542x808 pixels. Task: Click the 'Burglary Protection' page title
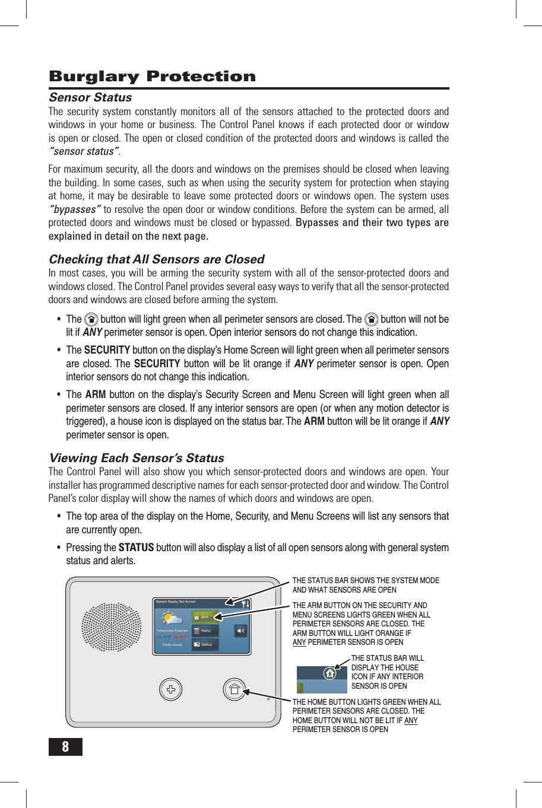(152, 77)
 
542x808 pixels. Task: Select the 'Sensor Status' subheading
(90, 97)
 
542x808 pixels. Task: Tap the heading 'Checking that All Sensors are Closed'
(156, 259)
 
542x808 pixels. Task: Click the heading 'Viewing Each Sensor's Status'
(137, 458)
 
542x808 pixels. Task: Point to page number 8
(65, 746)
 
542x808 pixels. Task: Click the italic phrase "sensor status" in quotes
(84, 151)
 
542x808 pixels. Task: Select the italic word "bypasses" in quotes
(75, 209)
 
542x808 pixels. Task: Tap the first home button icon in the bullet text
(91, 319)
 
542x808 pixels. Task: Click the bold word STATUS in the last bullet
(136, 548)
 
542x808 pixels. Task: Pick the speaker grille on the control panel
(112, 628)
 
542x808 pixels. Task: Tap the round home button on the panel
(234, 689)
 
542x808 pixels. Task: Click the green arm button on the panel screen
(205, 617)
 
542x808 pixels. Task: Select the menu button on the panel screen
(205, 631)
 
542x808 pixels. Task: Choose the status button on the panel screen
(205, 644)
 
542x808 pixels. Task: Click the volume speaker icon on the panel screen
(241, 631)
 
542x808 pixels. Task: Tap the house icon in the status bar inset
(329, 673)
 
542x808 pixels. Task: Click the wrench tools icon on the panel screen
(245, 603)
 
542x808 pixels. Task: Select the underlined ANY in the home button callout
(411, 720)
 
